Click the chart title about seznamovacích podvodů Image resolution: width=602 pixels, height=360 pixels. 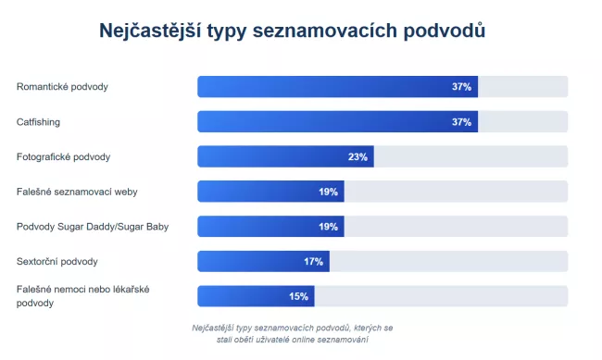[x=293, y=31]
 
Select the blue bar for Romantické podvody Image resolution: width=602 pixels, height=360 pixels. [x=337, y=87]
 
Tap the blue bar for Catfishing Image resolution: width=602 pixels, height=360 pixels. [x=337, y=121]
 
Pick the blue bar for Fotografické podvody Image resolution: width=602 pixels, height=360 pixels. [x=285, y=156]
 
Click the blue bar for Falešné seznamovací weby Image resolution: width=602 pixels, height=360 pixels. [x=270, y=192]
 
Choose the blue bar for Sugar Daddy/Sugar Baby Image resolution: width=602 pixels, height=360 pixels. [x=270, y=227]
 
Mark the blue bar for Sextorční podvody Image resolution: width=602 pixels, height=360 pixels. [x=263, y=261]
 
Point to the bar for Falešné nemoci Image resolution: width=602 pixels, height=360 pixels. [x=256, y=296]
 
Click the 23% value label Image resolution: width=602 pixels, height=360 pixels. [x=358, y=156]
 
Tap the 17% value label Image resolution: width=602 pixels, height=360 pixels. [x=314, y=261]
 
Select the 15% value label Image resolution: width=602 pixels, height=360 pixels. [x=298, y=296]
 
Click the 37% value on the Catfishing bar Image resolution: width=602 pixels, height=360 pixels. [x=462, y=121]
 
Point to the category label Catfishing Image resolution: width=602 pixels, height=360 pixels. [x=37, y=121]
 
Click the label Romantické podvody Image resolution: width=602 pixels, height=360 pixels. [x=62, y=87]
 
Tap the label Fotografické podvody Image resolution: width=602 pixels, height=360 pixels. [x=64, y=156]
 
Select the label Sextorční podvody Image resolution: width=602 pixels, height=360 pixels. [x=56, y=261]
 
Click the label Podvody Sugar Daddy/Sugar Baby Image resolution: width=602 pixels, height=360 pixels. [x=93, y=227]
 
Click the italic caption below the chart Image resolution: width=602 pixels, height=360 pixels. [x=293, y=333]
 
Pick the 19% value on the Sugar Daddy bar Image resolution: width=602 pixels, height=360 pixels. [x=329, y=227]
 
